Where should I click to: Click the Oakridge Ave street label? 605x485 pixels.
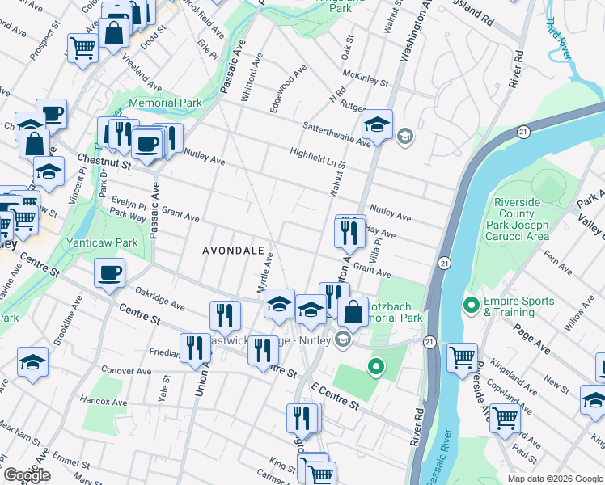point(163,302)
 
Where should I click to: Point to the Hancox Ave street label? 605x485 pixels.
point(104,401)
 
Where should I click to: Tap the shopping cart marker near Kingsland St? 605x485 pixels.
point(462,356)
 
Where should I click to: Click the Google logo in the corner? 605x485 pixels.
point(27,475)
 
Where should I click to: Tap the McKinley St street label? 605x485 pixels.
point(366,78)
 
